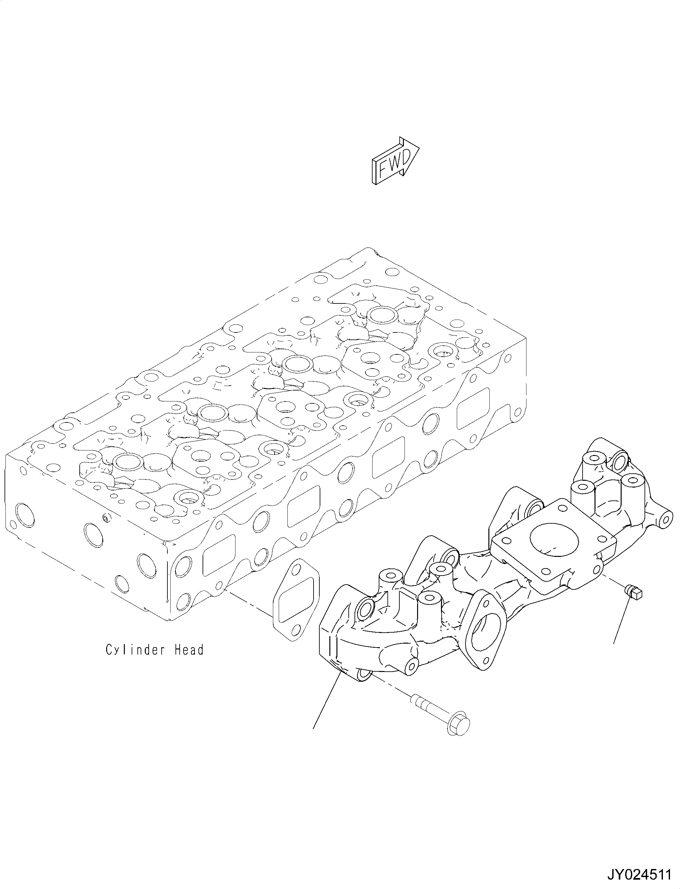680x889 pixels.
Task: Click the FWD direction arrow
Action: (x=395, y=162)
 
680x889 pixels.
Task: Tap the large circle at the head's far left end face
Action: (x=24, y=516)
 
